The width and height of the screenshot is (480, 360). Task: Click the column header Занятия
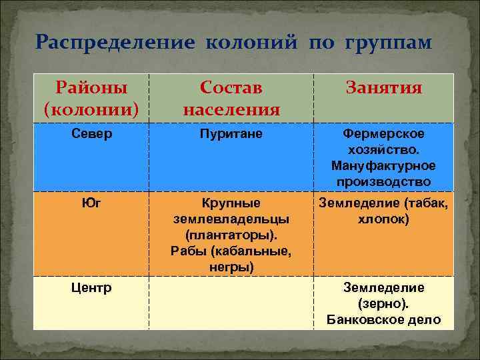[x=383, y=88]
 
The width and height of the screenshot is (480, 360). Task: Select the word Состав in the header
[x=231, y=88]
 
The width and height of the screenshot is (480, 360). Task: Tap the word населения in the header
[x=231, y=108]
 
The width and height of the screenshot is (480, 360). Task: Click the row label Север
[x=91, y=134]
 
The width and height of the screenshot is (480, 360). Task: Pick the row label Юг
[x=91, y=203]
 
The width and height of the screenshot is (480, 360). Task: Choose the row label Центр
[x=91, y=288]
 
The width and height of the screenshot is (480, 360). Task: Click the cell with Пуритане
[x=231, y=134]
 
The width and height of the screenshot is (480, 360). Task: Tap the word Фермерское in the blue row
[x=383, y=134]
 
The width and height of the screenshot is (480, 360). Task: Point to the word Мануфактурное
[x=383, y=165]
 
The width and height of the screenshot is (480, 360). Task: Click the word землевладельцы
[x=231, y=219]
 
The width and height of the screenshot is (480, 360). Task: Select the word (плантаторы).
[x=231, y=235]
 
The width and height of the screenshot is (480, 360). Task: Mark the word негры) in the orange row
[x=231, y=267]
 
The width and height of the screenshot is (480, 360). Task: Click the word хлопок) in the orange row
[x=383, y=219]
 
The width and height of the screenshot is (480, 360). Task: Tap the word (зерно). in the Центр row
[x=383, y=304]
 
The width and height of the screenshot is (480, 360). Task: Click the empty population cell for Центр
[x=231, y=303]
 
